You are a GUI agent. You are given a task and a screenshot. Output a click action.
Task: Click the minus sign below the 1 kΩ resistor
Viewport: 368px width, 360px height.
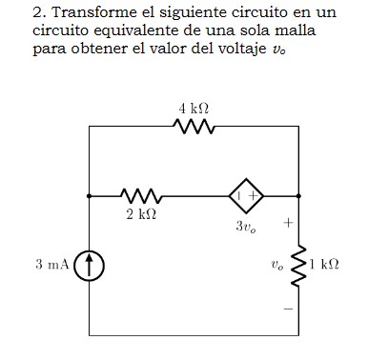(285, 307)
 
